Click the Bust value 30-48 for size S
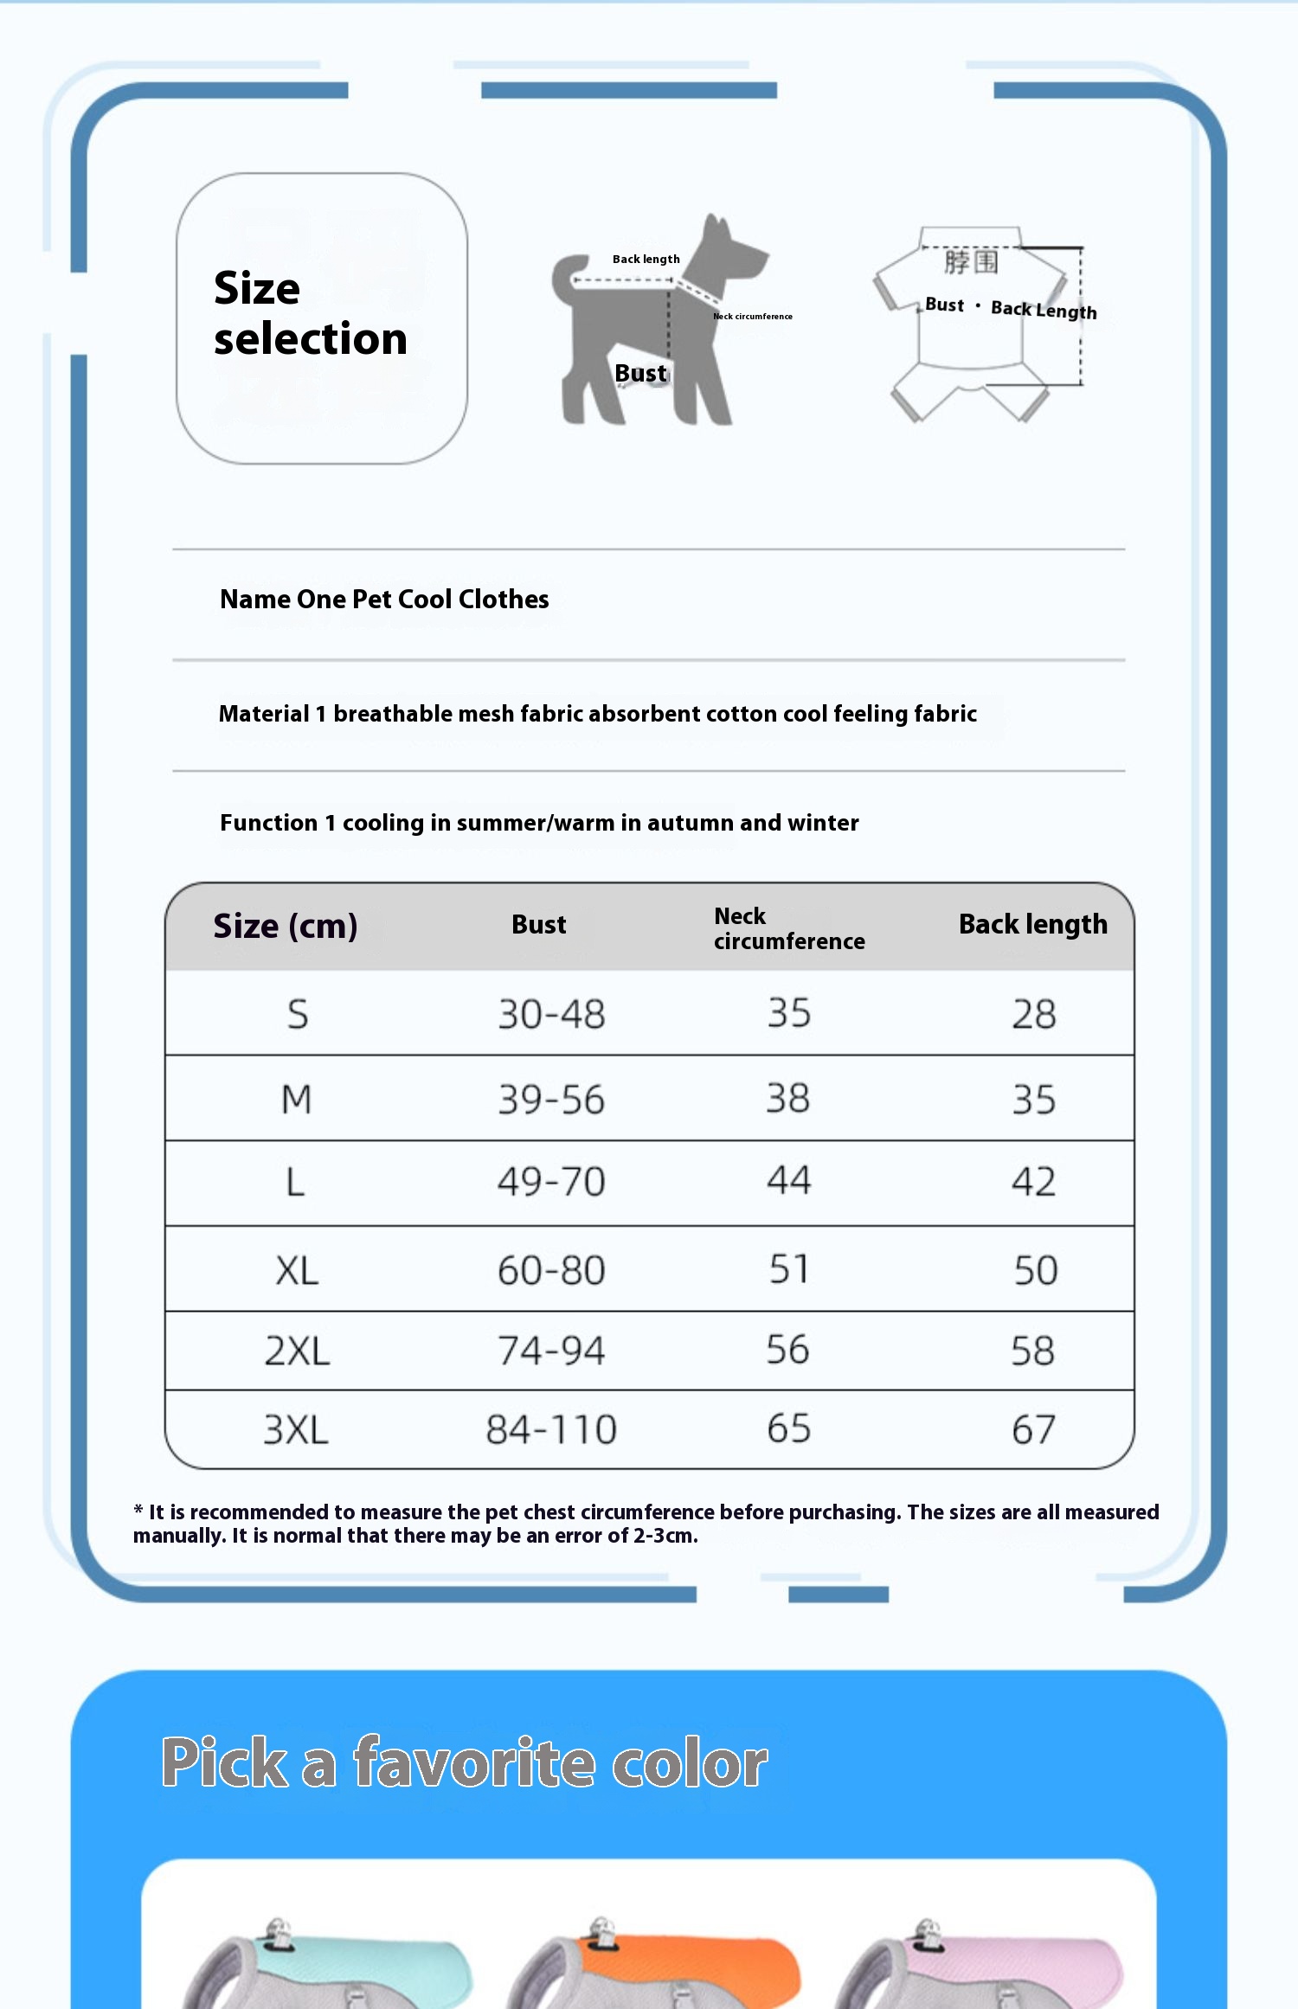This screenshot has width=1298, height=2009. point(551,1014)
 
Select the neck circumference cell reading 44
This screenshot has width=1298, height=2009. point(788,1180)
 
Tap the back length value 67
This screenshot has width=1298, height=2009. point(1034,1429)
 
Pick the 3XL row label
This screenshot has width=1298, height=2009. point(296,1429)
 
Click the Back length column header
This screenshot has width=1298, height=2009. point(1032,924)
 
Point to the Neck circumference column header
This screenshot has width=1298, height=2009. point(788,928)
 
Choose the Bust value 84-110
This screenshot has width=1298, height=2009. point(551,1429)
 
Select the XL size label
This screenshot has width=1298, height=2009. point(297,1271)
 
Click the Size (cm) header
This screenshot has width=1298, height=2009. point(285,926)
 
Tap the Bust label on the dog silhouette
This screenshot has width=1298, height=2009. point(640,373)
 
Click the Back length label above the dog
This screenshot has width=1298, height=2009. point(646,259)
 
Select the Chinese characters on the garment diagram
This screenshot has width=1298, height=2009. point(971,261)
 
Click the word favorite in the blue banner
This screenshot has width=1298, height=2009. point(474,1762)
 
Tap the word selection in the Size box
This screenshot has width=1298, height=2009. point(311,338)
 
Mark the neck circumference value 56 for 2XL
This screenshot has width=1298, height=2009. point(787,1350)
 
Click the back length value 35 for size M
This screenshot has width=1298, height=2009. point(1034,1100)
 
